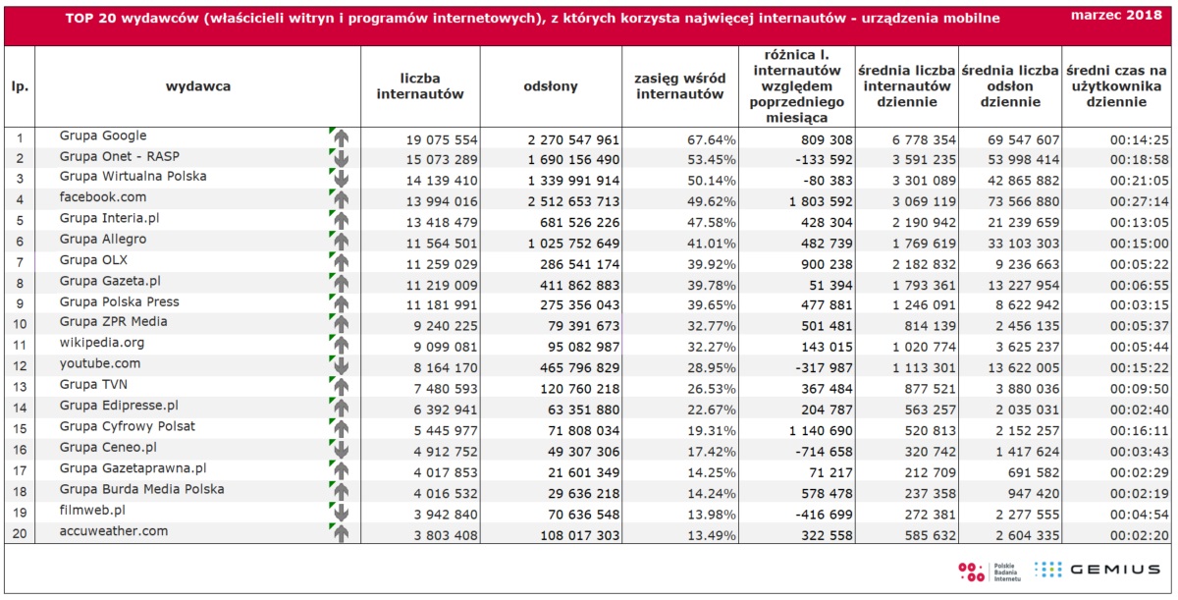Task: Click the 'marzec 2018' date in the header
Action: point(1116,16)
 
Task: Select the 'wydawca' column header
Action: point(197,86)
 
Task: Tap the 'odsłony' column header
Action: point(551,86)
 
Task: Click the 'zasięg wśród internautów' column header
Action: point(680,86)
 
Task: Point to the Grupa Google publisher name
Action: point(103,136)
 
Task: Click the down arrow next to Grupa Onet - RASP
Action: point(342,159)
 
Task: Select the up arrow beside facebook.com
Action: point(342,199)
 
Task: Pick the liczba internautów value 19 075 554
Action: point(442,139)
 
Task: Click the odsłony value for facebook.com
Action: point(573,201)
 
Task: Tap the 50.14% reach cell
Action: point(712,181)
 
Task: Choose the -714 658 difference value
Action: point(824,452)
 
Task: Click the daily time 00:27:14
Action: point(1140,201)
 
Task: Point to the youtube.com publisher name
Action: point(100,363)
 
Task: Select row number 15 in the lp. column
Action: point(20,429)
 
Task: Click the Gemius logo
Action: point(1098,570)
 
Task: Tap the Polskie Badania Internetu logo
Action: point(990,573)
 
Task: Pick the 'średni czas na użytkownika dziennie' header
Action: point(1116,86)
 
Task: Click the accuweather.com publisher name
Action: point(114,531)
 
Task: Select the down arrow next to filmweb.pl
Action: point(342,513)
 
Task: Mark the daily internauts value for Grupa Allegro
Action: point(924,244)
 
